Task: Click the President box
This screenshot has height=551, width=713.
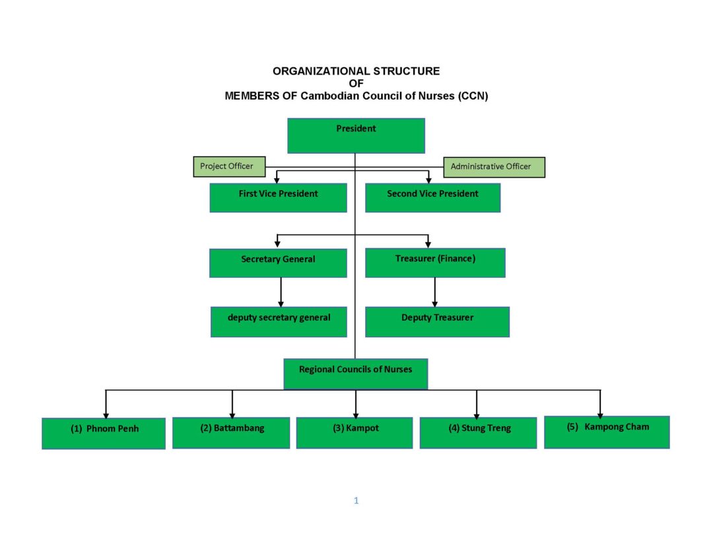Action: pos(356,135)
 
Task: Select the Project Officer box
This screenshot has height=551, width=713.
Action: pos(229,166)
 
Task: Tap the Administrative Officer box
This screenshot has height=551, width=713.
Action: pos(494,167)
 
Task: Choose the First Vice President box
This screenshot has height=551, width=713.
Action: pos(279,198)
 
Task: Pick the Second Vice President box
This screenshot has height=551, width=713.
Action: pos(433,198)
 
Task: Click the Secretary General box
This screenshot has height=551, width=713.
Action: pos(279,263)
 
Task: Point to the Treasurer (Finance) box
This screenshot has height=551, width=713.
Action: pos(435,263)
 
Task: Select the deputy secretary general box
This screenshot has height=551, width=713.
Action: pos(279,322)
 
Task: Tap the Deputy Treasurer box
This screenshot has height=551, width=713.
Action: pos(438,322)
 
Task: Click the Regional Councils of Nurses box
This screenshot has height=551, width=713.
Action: pos(356,373)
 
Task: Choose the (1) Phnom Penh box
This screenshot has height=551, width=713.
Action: pos(104,434)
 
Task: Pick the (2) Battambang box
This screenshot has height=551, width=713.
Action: pos(231,433)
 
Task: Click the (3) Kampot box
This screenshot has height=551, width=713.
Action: pos(355,433)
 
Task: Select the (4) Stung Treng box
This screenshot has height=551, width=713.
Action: pos(479,433)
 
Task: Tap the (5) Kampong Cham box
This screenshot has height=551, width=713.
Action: pos(607,432)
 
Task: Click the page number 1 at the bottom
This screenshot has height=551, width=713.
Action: pos(356,501)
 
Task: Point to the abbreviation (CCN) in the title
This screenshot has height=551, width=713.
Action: pos(473,96)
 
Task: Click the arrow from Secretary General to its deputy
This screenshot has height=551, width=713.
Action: pos(281,292)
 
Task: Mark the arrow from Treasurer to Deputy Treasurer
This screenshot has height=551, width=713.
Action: pos(434,292)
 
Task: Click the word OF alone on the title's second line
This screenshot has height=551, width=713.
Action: pos(356,84)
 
